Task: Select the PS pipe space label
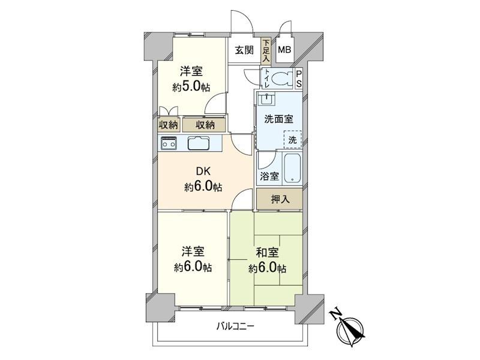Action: [x=299, y=79]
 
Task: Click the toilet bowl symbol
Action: [x=278, y=78]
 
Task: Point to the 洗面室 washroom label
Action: [x=278, y=118]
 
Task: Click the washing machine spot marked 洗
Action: [x=292, y=139]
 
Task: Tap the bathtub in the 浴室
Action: [x=292, y=169]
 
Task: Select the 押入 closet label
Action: [x=280, y=199]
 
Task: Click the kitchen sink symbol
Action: [x=198, y=143]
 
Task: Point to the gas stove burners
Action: [x=168, y=143]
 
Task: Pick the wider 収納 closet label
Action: [x=204, y=125]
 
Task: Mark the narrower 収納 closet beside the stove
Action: [x=168, y=125]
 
